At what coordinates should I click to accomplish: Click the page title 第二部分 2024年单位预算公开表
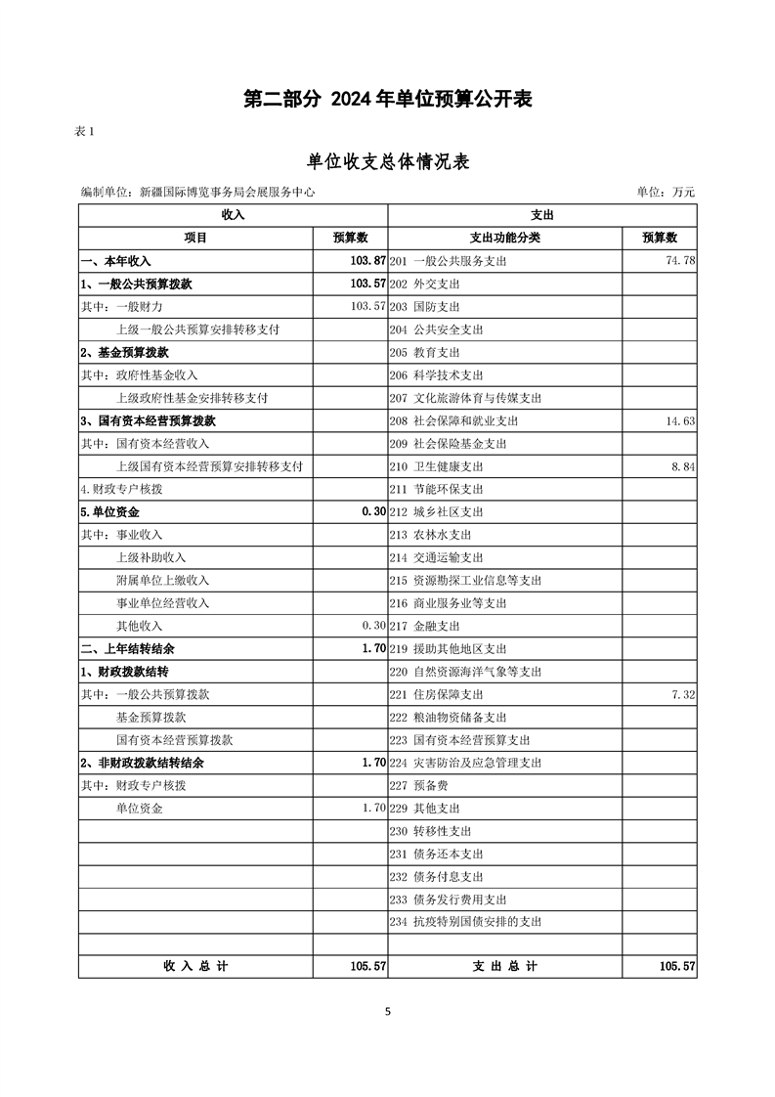tap(388, 100)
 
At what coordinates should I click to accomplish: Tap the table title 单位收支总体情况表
tap(388, 161)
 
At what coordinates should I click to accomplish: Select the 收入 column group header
tap(233, 215)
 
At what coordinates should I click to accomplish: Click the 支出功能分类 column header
tap(504, 238)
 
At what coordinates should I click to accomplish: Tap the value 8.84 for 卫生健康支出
tap(682, 466)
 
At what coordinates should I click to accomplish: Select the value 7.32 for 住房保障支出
tap(682, 694)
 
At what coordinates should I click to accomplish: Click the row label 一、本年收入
tap(115, 261)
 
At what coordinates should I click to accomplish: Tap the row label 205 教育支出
tap(424, 352)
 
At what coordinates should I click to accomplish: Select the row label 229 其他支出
tap(424, 809)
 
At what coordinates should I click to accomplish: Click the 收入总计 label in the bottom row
tap(195, 966)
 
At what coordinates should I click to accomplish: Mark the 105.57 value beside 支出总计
tap(676, 966)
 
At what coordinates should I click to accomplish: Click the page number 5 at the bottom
tap(388, 1012)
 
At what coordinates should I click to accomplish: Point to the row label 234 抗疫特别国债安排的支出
tap(465, 922)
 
